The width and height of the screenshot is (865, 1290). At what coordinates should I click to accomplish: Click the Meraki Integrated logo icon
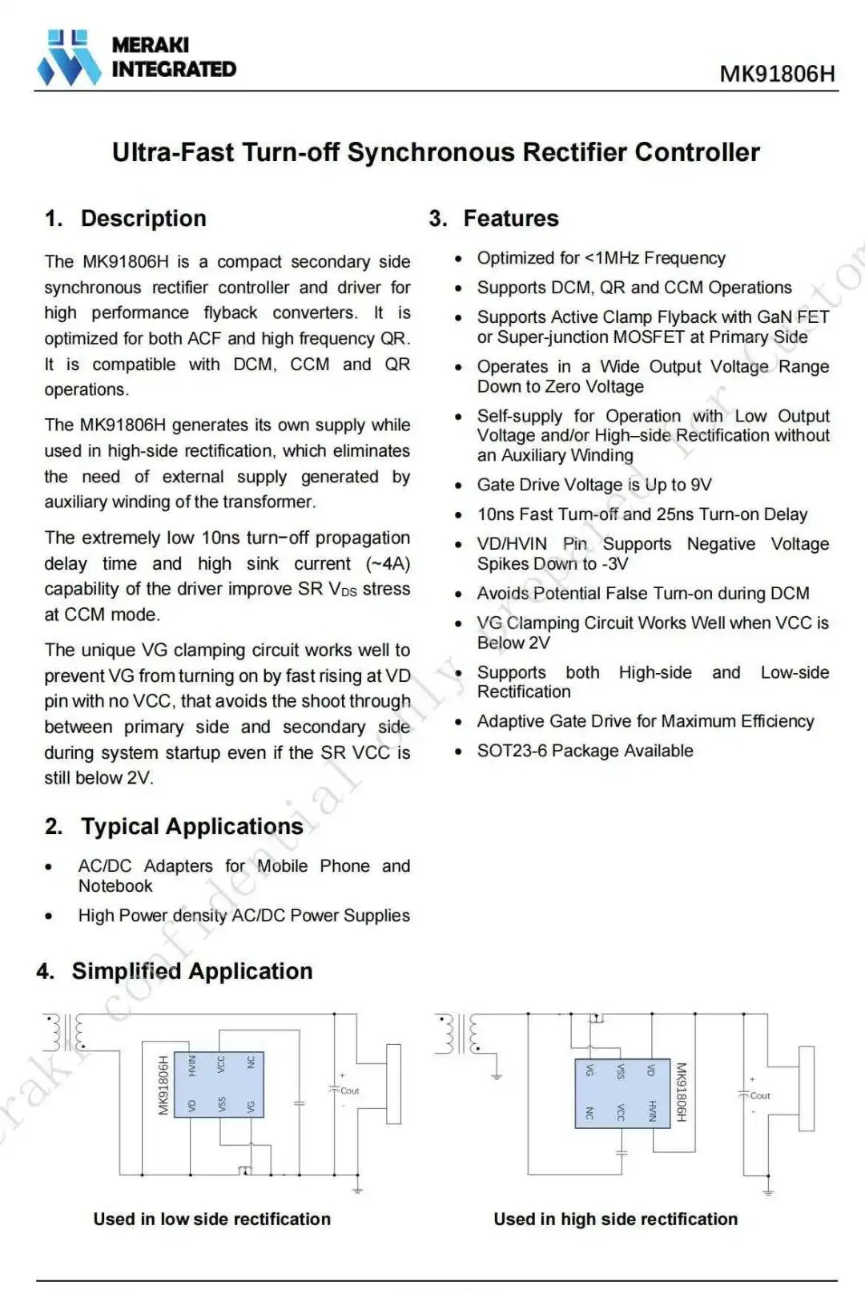tap(69, 58)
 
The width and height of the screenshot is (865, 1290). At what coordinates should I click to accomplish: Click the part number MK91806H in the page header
tap(777, 74)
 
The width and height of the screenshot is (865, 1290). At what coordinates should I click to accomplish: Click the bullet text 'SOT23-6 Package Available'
tap(585, 751)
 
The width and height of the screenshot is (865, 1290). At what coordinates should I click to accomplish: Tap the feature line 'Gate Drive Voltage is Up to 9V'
tap(593, 485)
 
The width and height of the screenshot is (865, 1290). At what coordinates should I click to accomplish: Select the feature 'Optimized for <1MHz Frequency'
tap(601, 258)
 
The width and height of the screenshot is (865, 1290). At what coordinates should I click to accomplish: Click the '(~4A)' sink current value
tap(388, 563)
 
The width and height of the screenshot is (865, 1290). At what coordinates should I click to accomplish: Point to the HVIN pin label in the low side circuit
tap(191, 1065)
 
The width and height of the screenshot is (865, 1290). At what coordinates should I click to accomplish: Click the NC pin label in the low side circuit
tap(251, 1062)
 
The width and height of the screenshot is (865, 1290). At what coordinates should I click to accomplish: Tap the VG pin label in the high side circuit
tap(590, 1070)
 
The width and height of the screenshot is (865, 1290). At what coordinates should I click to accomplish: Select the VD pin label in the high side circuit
tap(651, 1070)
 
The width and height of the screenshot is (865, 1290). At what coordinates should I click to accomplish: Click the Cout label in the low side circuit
tap(350, 1090)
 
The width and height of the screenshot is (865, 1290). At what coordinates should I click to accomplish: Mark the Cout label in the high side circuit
tap(760, 1095)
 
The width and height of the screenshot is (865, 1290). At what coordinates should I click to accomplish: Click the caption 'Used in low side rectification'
tap(211, 1219)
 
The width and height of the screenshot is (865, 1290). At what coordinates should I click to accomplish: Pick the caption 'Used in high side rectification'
tap(615, 1219)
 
